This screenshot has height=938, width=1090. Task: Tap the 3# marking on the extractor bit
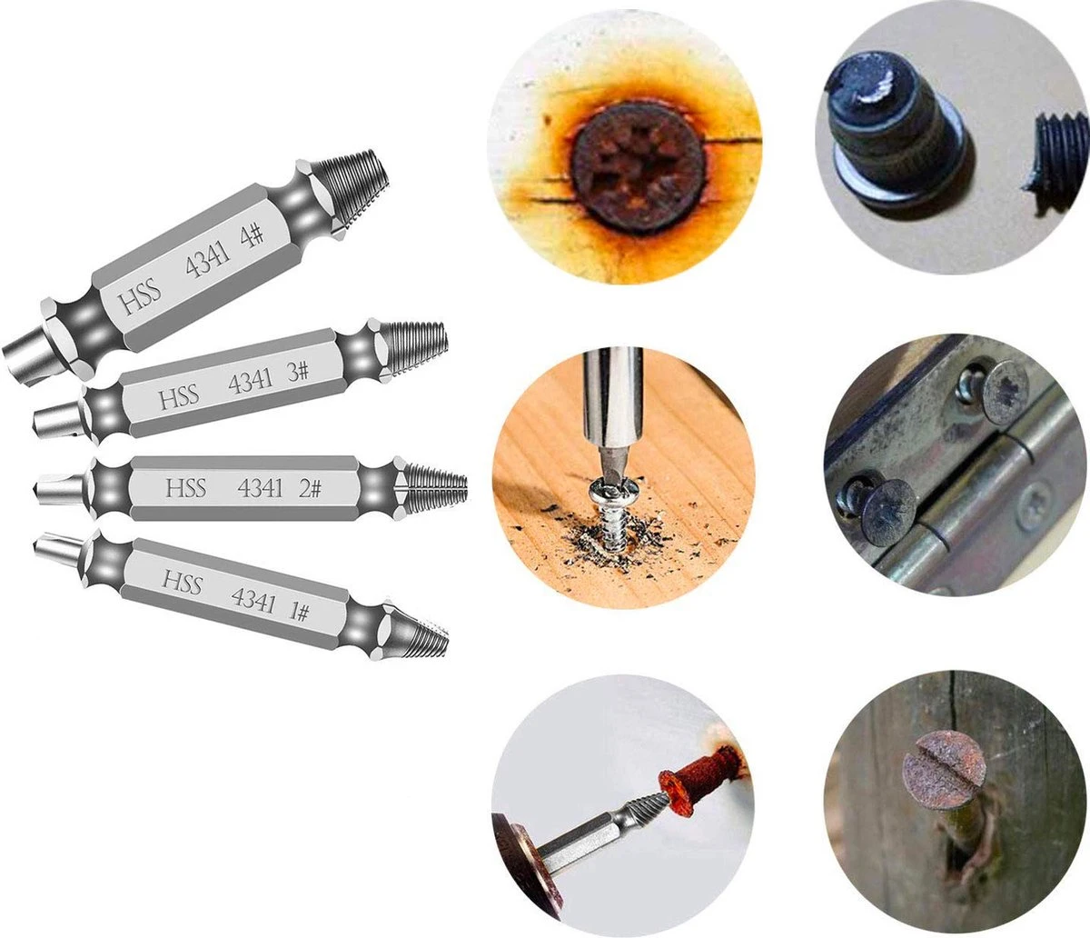(x=298, y=373)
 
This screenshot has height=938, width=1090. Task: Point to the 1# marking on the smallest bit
(x=298, y=612)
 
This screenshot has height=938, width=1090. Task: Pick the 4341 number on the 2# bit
(x=260, y=488)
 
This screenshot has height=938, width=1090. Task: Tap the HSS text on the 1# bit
(x=182, y=582)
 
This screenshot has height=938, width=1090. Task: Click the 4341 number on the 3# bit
(x=251, y=382)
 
